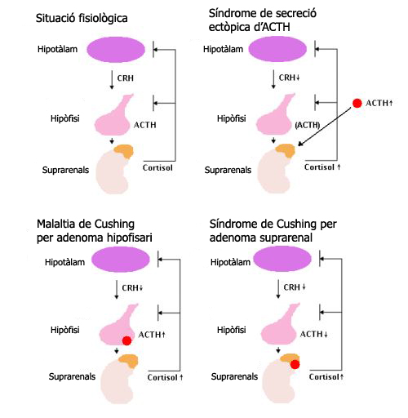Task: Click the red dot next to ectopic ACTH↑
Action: [x=357, y=103]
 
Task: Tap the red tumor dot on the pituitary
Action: [x=126, y=340]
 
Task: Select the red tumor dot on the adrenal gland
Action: [x=295, y=364]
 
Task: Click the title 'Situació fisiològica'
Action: [x=82, y=18]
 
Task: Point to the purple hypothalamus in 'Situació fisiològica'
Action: [x=116, y=50]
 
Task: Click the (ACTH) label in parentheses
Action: [x=308, y=125]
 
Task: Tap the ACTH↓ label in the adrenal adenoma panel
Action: [x=313, y=334]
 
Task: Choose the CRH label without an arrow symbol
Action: [x=126, y=78]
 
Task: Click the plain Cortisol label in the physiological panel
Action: [x=157, y=167]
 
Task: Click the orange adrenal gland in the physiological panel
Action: [x=124, y=151]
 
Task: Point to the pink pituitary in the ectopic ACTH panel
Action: [x=276, y=116]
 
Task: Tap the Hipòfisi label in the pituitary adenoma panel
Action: [x=65, y=330]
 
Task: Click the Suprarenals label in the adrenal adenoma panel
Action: [x=234, y=376]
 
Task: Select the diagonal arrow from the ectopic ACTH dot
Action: [x=325, y=127]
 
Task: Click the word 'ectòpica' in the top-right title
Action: [x=228, y=27]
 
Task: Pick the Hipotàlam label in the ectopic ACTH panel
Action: [x=223, y=49]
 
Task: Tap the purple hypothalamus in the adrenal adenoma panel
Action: [x=282, y=259]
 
